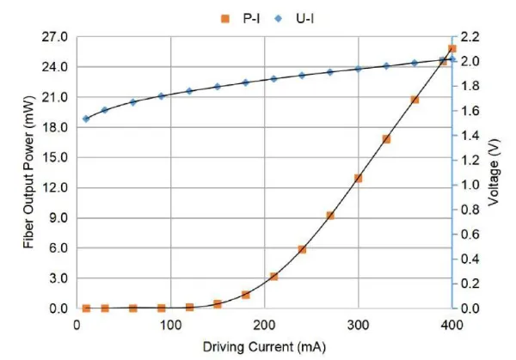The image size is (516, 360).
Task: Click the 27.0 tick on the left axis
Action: pyautogui.click(x=53, y=37)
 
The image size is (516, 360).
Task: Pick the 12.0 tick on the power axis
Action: pyautogui.click(x=53, y=187)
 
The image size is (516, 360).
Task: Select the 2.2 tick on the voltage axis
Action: pyautogui.click(x=473, y=37)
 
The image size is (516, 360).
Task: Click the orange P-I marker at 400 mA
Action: pyautogui.click(x=451, y=49)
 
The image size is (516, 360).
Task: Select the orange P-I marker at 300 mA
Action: pyautogui.click(x=358, y=178)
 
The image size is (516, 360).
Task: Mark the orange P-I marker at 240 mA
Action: pyautogui.click(x=302, y=249)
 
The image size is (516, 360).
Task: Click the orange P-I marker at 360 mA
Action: pyautogui.click(x=415, y=100)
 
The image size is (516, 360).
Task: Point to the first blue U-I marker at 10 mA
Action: pyautogui.click(x=86, y=119)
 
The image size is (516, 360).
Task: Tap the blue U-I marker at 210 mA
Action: pyautogui.click(x=273, y=78)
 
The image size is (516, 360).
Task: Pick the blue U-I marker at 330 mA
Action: pyautogui.click(x=386, y=65)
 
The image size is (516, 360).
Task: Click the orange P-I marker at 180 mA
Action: pyautogui.click(x=246, y=295)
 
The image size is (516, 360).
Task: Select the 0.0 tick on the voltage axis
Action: pyautogui.click(x=473, y=308)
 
